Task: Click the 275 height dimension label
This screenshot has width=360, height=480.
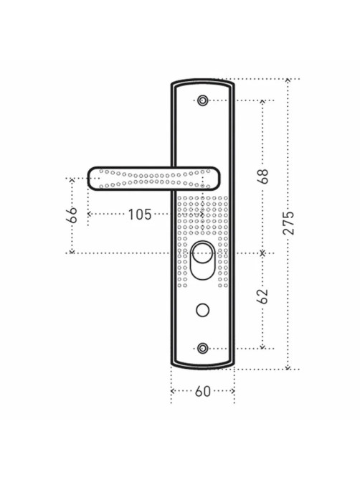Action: [x=288, y=222]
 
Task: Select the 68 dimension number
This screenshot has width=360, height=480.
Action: [x=262, y=176]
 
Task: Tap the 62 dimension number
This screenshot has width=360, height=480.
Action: [x=262, y=296]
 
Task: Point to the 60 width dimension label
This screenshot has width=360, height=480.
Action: [x=203, y=391]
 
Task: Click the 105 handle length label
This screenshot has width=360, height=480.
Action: [x=139, y=215]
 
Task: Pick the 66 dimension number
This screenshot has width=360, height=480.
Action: [x=72, y=215]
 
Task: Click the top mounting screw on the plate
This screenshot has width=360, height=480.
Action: [x=202, y=100]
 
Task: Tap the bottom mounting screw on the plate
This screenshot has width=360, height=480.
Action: [x=202, y=349]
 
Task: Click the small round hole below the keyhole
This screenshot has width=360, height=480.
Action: [x=202, y=310]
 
